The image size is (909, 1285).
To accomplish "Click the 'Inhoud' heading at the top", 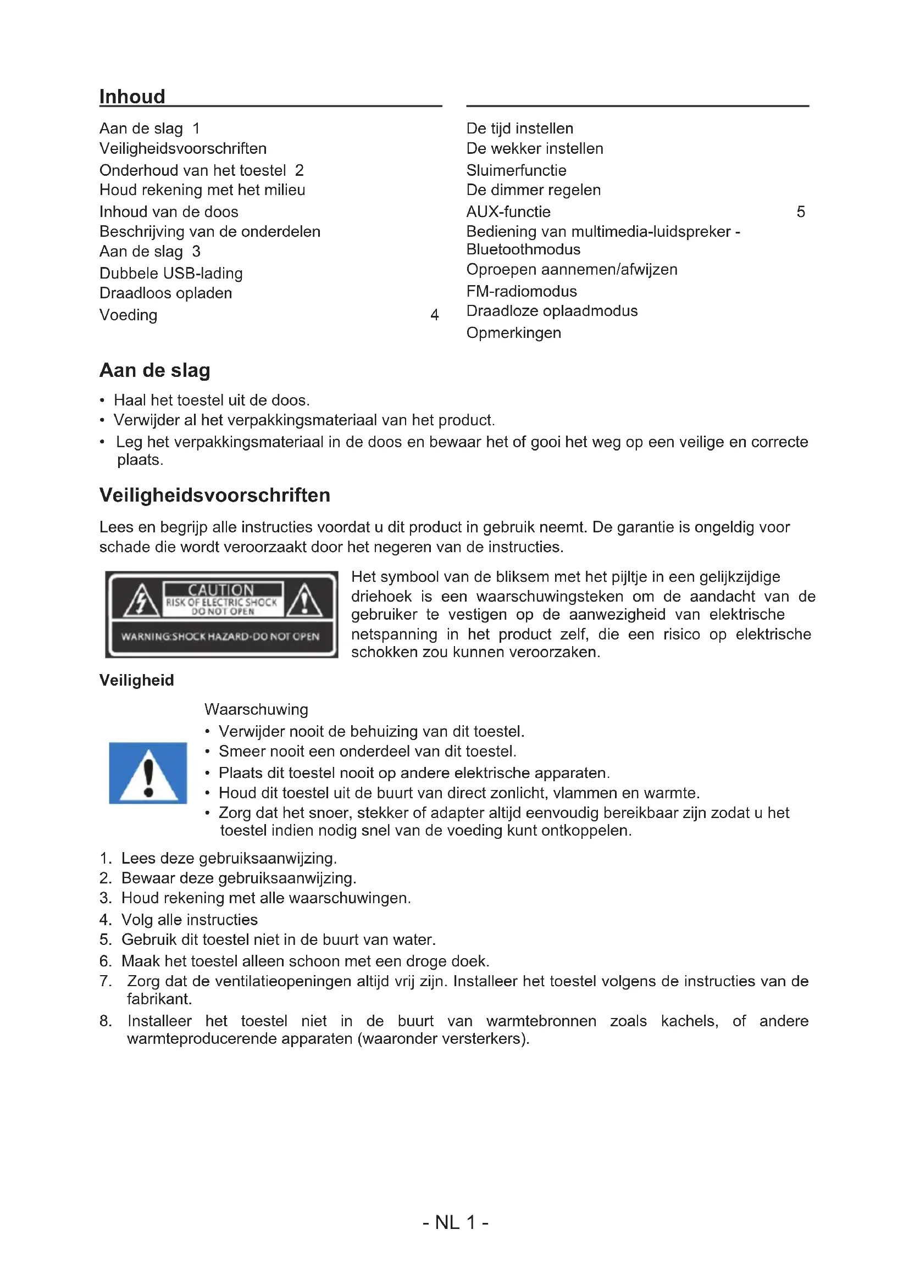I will (x=132, y=96).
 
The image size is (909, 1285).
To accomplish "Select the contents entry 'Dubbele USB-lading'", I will (x=171, y=273).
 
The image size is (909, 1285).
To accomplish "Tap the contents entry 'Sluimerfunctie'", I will (x=516, y=170).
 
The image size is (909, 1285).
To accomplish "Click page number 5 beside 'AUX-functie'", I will (x=800, y=212).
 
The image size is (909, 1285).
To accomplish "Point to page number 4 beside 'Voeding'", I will (x=434, y=315).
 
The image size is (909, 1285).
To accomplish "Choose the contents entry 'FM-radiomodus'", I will (x=521, y=291).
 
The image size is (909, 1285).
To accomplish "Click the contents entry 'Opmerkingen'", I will (x=513, y=333).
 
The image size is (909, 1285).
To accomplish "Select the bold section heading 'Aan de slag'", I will (x=154, y=370).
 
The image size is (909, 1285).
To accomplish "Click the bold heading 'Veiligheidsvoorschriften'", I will (x=214, y=496).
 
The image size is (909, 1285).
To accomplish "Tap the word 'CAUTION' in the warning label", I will (x=221, y=590).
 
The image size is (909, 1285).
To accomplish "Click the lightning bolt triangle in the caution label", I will (x=141, y=600).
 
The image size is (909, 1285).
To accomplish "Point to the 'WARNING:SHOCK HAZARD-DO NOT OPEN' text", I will (x=220, y=636).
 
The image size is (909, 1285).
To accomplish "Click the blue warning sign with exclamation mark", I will (x=148, y=773).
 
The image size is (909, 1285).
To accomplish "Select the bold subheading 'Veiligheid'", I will (x=137, y=680).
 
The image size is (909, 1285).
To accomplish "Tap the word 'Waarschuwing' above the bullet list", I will (x=256, y=709).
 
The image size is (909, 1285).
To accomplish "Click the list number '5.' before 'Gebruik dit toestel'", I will (x=105, y=939).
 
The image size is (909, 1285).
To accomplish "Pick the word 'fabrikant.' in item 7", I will (x=159, y=998).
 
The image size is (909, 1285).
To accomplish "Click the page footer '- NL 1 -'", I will (x=455, y=1222).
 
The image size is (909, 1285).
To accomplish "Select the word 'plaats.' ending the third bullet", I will (x=140, y=460).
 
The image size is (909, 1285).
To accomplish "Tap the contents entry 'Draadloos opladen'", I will (x=165, y=293).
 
